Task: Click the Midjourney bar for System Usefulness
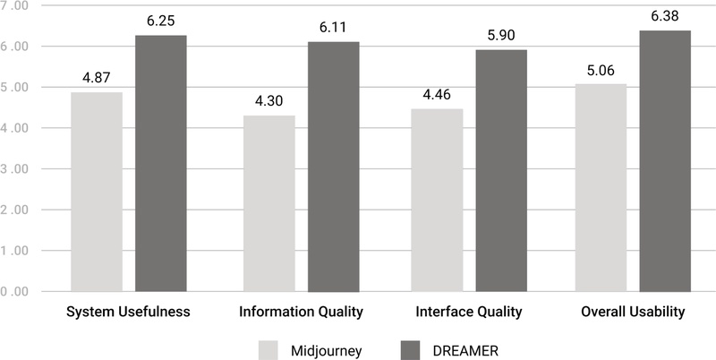click(x=97, y=192)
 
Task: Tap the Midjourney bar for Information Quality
click(x=268, y=203)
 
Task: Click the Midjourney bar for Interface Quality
click(x=437, y=201)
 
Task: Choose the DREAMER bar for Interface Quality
click(x=501, y=171)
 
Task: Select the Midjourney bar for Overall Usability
click(x=601, y=188)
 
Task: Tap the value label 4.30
click(x=268, y=102)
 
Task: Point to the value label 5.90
click(x=501, y=37)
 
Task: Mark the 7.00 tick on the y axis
click(x=15, y=6)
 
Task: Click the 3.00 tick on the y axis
click(x=15, y=169)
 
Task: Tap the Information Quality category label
click(x=301, y=313)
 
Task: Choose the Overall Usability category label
click(x=633, y=313)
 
